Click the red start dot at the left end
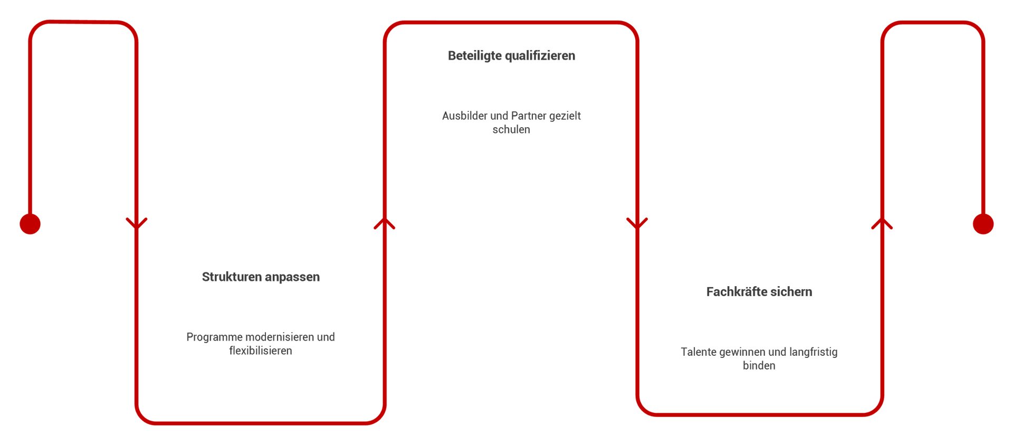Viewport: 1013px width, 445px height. click(30, 224)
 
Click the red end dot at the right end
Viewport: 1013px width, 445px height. click(983, 224)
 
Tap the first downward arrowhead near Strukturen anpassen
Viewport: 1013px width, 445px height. click(137, 223)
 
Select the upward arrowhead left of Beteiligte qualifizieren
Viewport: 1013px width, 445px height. click(385, 223)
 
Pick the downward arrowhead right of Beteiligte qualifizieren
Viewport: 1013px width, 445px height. click(637, 223)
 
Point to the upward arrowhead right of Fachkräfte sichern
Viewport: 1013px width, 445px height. click(882, 223)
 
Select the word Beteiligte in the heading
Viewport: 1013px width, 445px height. click(474, 56)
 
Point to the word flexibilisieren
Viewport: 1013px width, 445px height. click(261, 351)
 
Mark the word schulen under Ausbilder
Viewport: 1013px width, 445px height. click(511, 130)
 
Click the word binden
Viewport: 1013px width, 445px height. click(759, 366)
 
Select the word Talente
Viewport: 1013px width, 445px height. click(698, 352)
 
